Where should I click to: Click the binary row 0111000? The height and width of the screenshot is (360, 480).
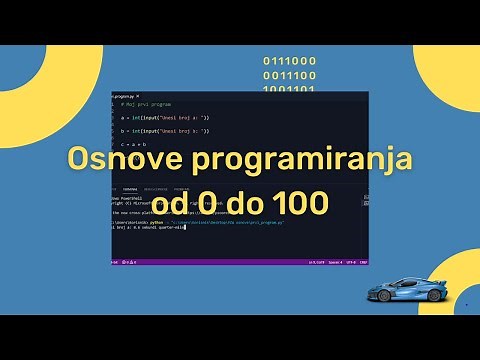click(x=290, y=60)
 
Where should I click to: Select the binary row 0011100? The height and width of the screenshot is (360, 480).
click(x=290, y=74)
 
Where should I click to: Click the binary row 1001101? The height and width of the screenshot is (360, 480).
click(x=290, y=88)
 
